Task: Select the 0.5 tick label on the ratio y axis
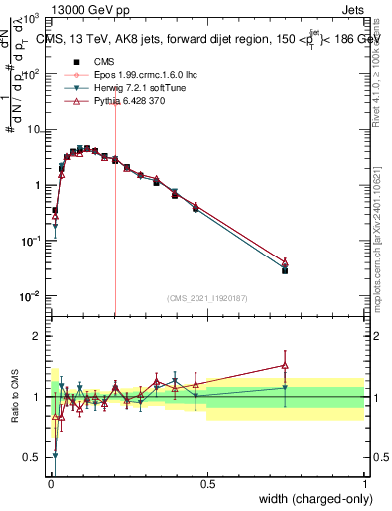(34, 457)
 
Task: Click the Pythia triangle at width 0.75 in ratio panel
(285, 365)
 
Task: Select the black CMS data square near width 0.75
(285, 270)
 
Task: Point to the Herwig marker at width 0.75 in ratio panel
(285, 388)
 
